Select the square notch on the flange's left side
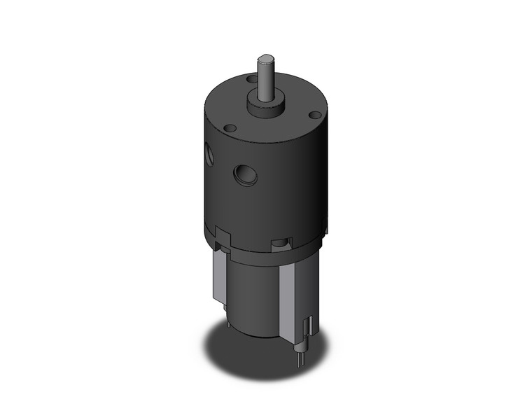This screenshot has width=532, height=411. tap(223, 234)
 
